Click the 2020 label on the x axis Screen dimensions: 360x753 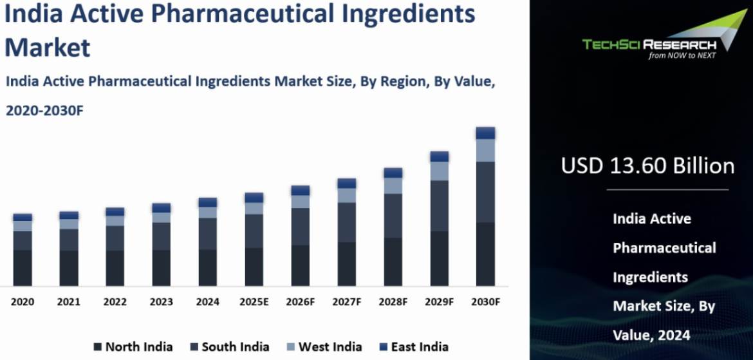[22, 301]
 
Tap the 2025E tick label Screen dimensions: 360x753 [254, 301]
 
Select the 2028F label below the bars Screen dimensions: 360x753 [393, 301]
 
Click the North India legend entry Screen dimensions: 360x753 [133, 346]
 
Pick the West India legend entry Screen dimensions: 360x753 [324, 346]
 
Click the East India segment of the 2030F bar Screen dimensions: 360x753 [485, 133]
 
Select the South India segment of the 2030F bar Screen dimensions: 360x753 [485, 192]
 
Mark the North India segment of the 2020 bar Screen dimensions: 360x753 [23, 267]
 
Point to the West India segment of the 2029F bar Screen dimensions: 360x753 [439, 171]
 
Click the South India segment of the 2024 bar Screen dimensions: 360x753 [207, 233]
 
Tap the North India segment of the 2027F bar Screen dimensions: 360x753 [346, 263]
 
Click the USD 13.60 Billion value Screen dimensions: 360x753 [647, 166]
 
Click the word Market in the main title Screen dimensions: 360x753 [48, 46]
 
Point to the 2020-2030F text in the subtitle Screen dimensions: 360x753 [45, 111]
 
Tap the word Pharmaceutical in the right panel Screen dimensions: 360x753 [664, 248]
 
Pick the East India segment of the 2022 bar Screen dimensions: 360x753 [115, 212]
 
